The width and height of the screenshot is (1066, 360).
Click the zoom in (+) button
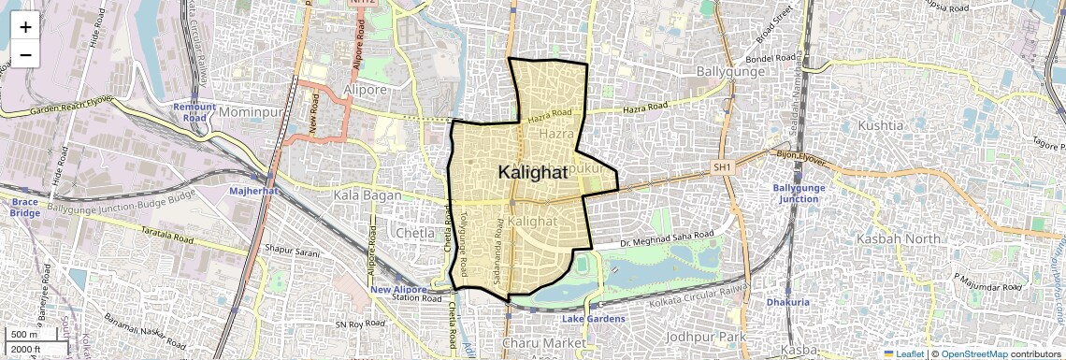pos(25,26)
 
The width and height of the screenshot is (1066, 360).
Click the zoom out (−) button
pos(25,54)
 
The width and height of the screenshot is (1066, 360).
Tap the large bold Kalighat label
pos(533,173)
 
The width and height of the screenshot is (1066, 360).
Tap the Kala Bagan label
pos(367,195)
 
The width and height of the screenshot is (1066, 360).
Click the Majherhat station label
pos(255,191)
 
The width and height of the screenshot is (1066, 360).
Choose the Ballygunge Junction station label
pos(796,194)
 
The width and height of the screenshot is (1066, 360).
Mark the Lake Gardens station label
pos(594,319)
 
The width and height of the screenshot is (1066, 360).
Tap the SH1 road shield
pos(721,166)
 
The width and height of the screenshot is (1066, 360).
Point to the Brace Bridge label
pos(25,207)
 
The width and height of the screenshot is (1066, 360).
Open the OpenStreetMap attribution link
pos(973,354)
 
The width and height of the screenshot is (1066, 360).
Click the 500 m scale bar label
pos(24,335)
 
